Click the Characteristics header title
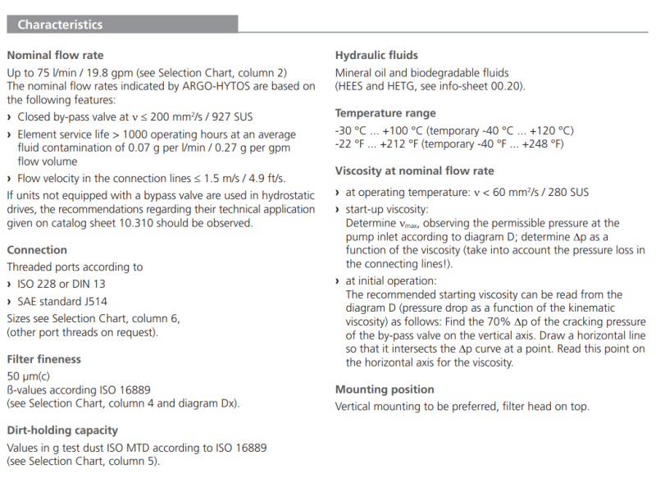[60, 25]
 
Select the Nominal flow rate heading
[55, 56]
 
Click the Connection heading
[37, 250]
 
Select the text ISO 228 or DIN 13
[61, 284]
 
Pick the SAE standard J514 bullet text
[62, 301]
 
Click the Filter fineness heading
[43, 359]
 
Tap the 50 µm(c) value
[30, 376]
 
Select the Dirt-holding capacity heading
[62, 430]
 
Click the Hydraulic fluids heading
[376, 56]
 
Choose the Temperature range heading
[385, 113]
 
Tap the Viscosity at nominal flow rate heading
[414, 171]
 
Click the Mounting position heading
[385, 389]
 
